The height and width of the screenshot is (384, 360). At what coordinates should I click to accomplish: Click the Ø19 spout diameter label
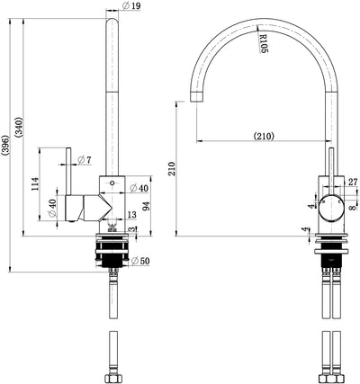click(x=131, y=5)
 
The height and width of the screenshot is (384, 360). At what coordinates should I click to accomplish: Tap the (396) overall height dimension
click(x=5, y=146)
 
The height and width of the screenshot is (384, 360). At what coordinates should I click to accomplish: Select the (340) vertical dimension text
click(x=19, y=127)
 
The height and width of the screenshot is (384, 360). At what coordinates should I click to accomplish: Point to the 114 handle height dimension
click(x=35, y=184)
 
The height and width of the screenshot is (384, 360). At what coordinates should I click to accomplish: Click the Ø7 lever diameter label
click(x=84, y=160)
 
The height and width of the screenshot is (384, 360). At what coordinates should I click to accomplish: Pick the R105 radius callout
click(x=263, y=43)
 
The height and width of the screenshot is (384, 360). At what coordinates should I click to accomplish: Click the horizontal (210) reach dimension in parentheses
click(x=264, y=137)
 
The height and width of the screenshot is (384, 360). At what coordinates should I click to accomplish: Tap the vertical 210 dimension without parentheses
click(x=171, y=169)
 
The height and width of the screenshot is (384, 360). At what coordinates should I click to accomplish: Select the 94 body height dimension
click(x=146, y=206)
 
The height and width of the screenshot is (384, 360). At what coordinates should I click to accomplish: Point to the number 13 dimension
click(x=131, y=215)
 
